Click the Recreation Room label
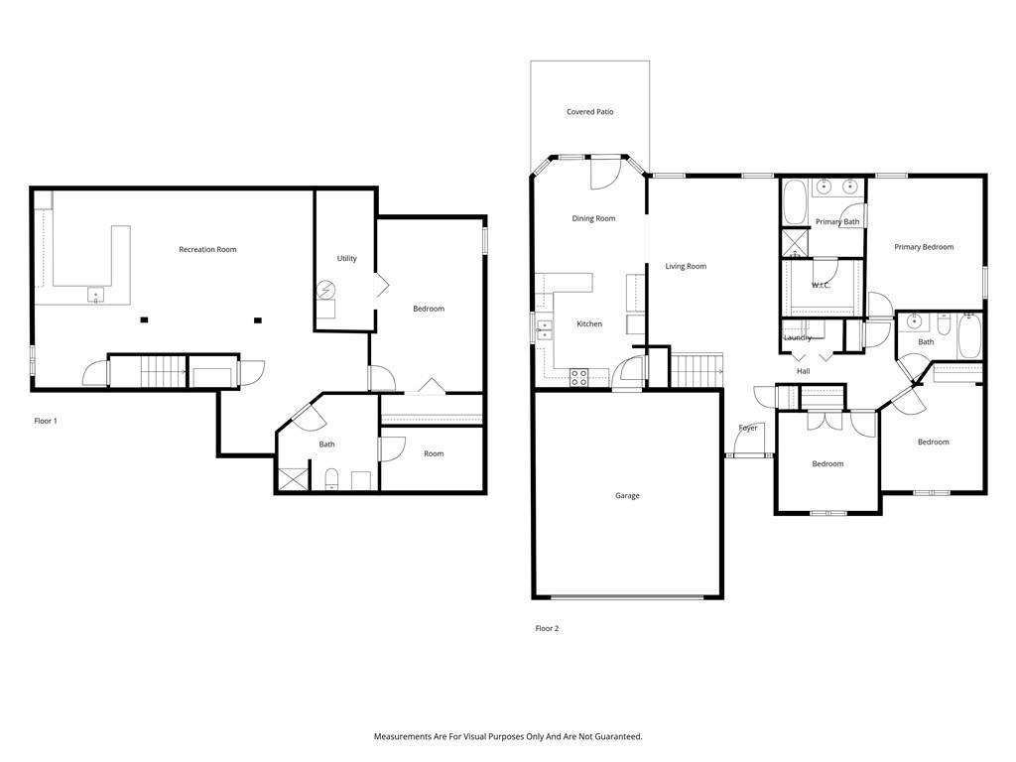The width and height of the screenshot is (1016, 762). point(207,249)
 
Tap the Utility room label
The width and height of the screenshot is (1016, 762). point(346,259)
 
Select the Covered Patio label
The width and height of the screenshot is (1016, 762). point(589,112)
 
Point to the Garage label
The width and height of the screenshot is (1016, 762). point(627,496)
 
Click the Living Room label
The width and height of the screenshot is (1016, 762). point(686,266)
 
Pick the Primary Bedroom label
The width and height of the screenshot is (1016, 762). point(924,247)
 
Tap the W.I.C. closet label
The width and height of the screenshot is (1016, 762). point(821,285)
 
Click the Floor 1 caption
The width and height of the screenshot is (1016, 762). point(46,421)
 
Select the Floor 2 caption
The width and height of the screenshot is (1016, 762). point(547,628)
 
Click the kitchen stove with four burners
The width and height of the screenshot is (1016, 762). point(579,377)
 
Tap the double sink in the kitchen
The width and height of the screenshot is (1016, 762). point(544,329)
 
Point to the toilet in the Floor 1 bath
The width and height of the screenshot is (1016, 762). point(331,479)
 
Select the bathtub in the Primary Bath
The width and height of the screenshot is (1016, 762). point(795,201)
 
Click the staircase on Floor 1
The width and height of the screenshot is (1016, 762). point(164,372)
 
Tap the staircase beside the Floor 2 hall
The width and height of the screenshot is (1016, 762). point(697,371)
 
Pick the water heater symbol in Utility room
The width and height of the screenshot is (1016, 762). point(325,289)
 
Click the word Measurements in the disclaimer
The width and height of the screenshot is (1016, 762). point(403,737)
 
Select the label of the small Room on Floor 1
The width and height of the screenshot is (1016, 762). point(434,454)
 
